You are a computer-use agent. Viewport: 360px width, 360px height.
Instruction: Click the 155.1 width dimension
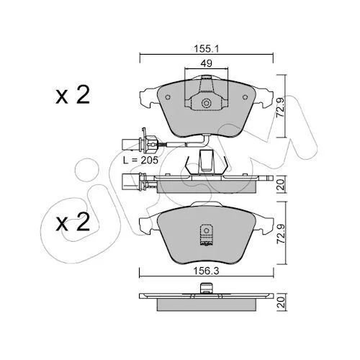pos(207,49)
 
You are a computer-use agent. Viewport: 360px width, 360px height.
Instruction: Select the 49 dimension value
pos(207,63)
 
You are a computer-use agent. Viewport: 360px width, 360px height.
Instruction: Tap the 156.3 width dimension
pos(207,271)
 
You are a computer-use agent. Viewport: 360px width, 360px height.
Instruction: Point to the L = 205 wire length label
pos(140,160)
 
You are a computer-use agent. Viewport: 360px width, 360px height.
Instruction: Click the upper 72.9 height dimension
pos(280,107)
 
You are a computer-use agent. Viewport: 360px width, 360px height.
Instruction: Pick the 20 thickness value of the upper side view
pos(280,184)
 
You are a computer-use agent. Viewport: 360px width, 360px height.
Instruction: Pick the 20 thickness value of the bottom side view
pos(280,302)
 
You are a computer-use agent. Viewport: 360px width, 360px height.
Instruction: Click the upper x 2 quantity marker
pos(73,94)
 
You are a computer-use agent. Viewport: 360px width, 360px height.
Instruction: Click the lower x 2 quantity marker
pos(73,222)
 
